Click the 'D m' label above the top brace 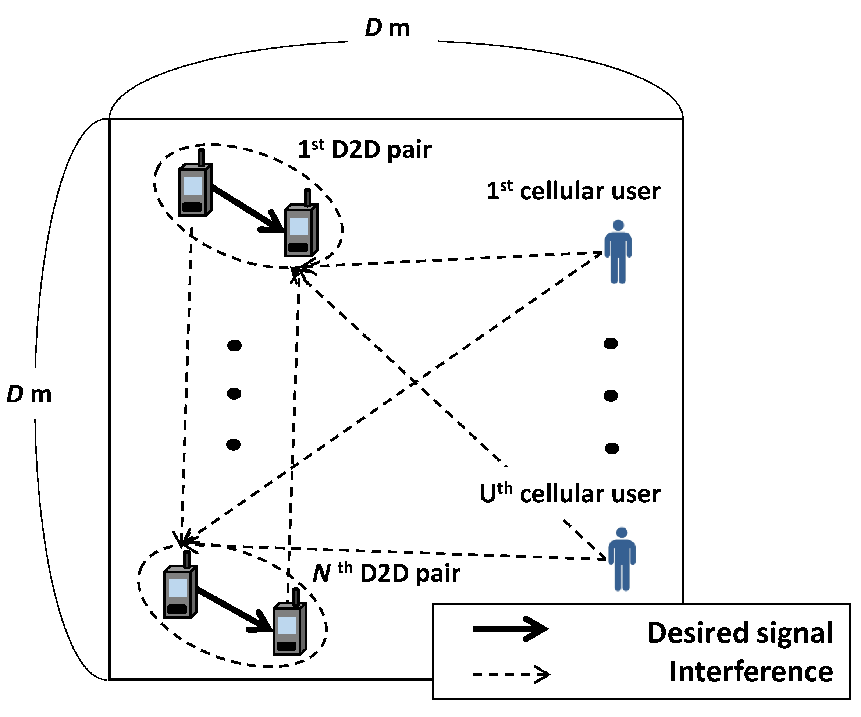[387, 29]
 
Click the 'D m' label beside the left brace [29, 395]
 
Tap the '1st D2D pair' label [364, 149]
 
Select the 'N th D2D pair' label [386, 573]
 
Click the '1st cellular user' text [573, 191]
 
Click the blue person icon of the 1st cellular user [618, 252]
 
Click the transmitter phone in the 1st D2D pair [195, 189]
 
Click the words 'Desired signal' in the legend [740, 633]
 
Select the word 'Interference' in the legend [751, 671]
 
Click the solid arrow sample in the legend [510, 629]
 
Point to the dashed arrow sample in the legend [511, 674]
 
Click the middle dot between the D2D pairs [234, 394]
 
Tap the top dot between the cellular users [611, 343]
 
